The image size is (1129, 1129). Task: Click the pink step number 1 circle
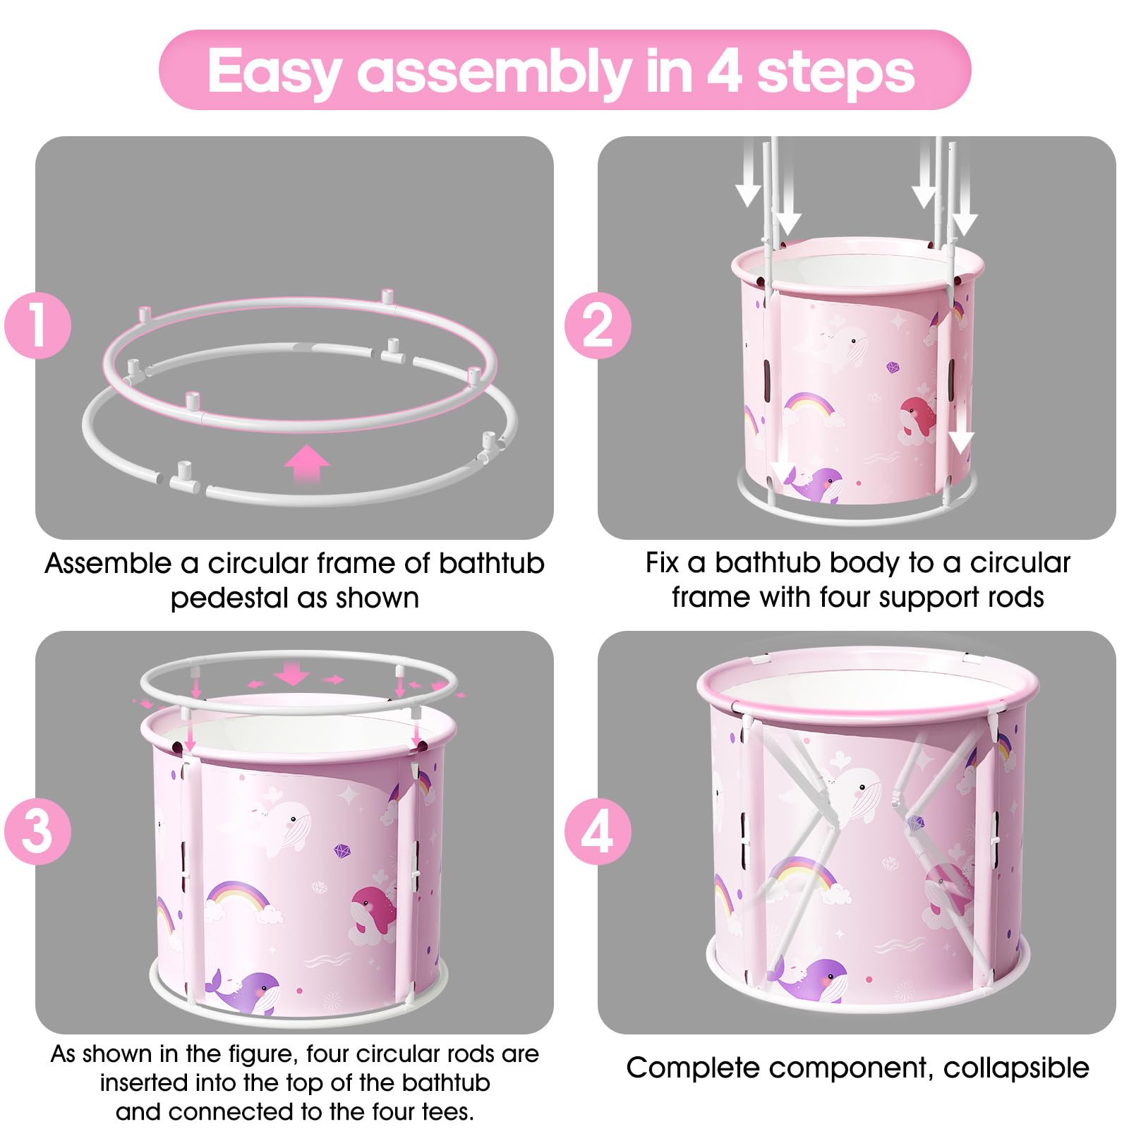[x=37, y=325]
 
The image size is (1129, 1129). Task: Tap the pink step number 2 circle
[x=598, y=325]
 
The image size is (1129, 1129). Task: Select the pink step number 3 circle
[x=37, y=831]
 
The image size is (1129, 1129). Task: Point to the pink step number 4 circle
[x=598, y=831]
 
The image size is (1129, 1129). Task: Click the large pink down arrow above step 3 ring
[x=291, y=673]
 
